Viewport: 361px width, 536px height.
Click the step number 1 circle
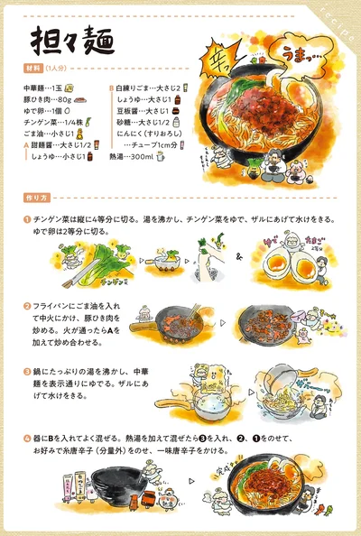(x=27, y=218)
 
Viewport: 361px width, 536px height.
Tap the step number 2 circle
(x=27, y=307)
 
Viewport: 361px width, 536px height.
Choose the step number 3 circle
(x=27, y=371)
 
